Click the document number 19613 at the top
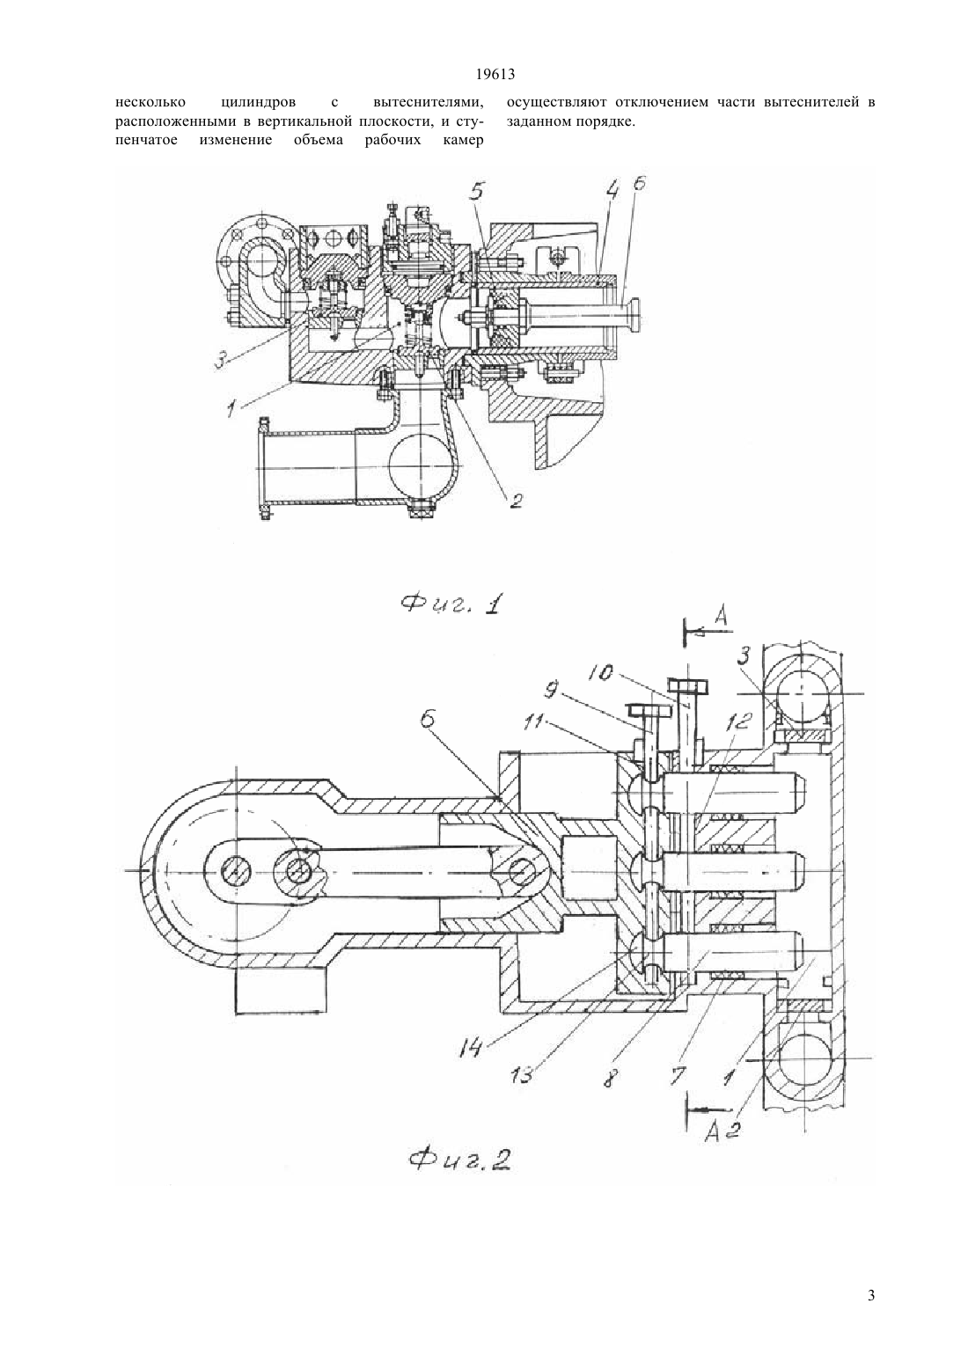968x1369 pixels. click(x=495, y=75)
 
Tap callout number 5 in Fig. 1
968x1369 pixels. click(x=477, y=191)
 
